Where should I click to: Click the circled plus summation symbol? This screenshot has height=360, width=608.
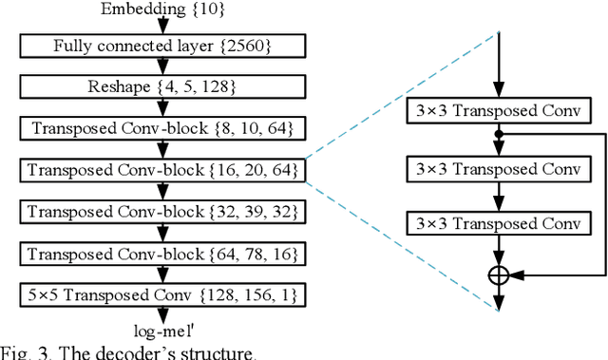[x=499, y=275]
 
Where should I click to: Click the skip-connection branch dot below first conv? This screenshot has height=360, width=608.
[x=499, y=134]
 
